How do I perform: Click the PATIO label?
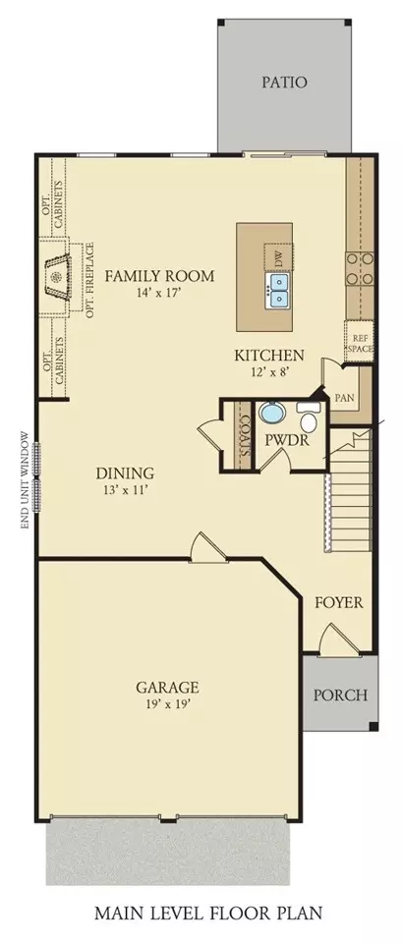point(284,83)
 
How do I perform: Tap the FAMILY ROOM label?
point(159,276)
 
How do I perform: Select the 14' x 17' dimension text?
point(159,294)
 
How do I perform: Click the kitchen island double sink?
point(278,290)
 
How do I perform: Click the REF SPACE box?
point(359,341)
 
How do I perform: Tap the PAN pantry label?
point(344,398)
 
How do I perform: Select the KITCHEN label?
point(269,356)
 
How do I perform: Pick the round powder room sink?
point(273,414)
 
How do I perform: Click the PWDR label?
point(287,440)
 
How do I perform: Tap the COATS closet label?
point(244,433)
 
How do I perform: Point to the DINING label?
point(125,473)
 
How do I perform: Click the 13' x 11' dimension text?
point(126,489)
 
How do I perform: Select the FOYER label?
point(339,602)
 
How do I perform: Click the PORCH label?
point(340,695)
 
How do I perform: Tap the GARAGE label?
point(167,687)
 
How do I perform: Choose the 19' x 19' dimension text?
point(167,703)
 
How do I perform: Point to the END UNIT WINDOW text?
point(25,480)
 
